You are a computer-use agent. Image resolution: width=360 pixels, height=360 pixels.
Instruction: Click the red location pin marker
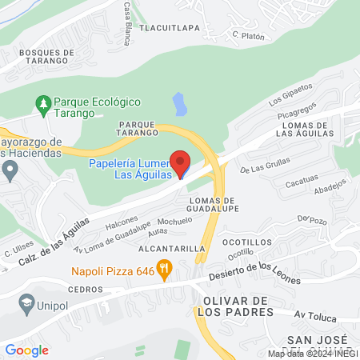[x=181, y=162]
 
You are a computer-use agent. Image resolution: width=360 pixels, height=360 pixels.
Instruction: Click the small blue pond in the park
[x=179, y=104]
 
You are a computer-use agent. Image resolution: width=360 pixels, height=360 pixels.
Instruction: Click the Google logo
[x=26, y=350]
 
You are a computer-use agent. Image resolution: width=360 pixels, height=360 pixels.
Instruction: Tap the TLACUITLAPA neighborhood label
[x=170, y=26]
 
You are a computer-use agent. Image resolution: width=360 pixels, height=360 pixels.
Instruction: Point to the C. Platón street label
[x=248, y=35]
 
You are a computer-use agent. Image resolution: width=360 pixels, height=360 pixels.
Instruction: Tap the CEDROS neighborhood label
[x=86, y=289]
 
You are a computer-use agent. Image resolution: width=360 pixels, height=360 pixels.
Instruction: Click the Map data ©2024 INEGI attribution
[x=313, y=354]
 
